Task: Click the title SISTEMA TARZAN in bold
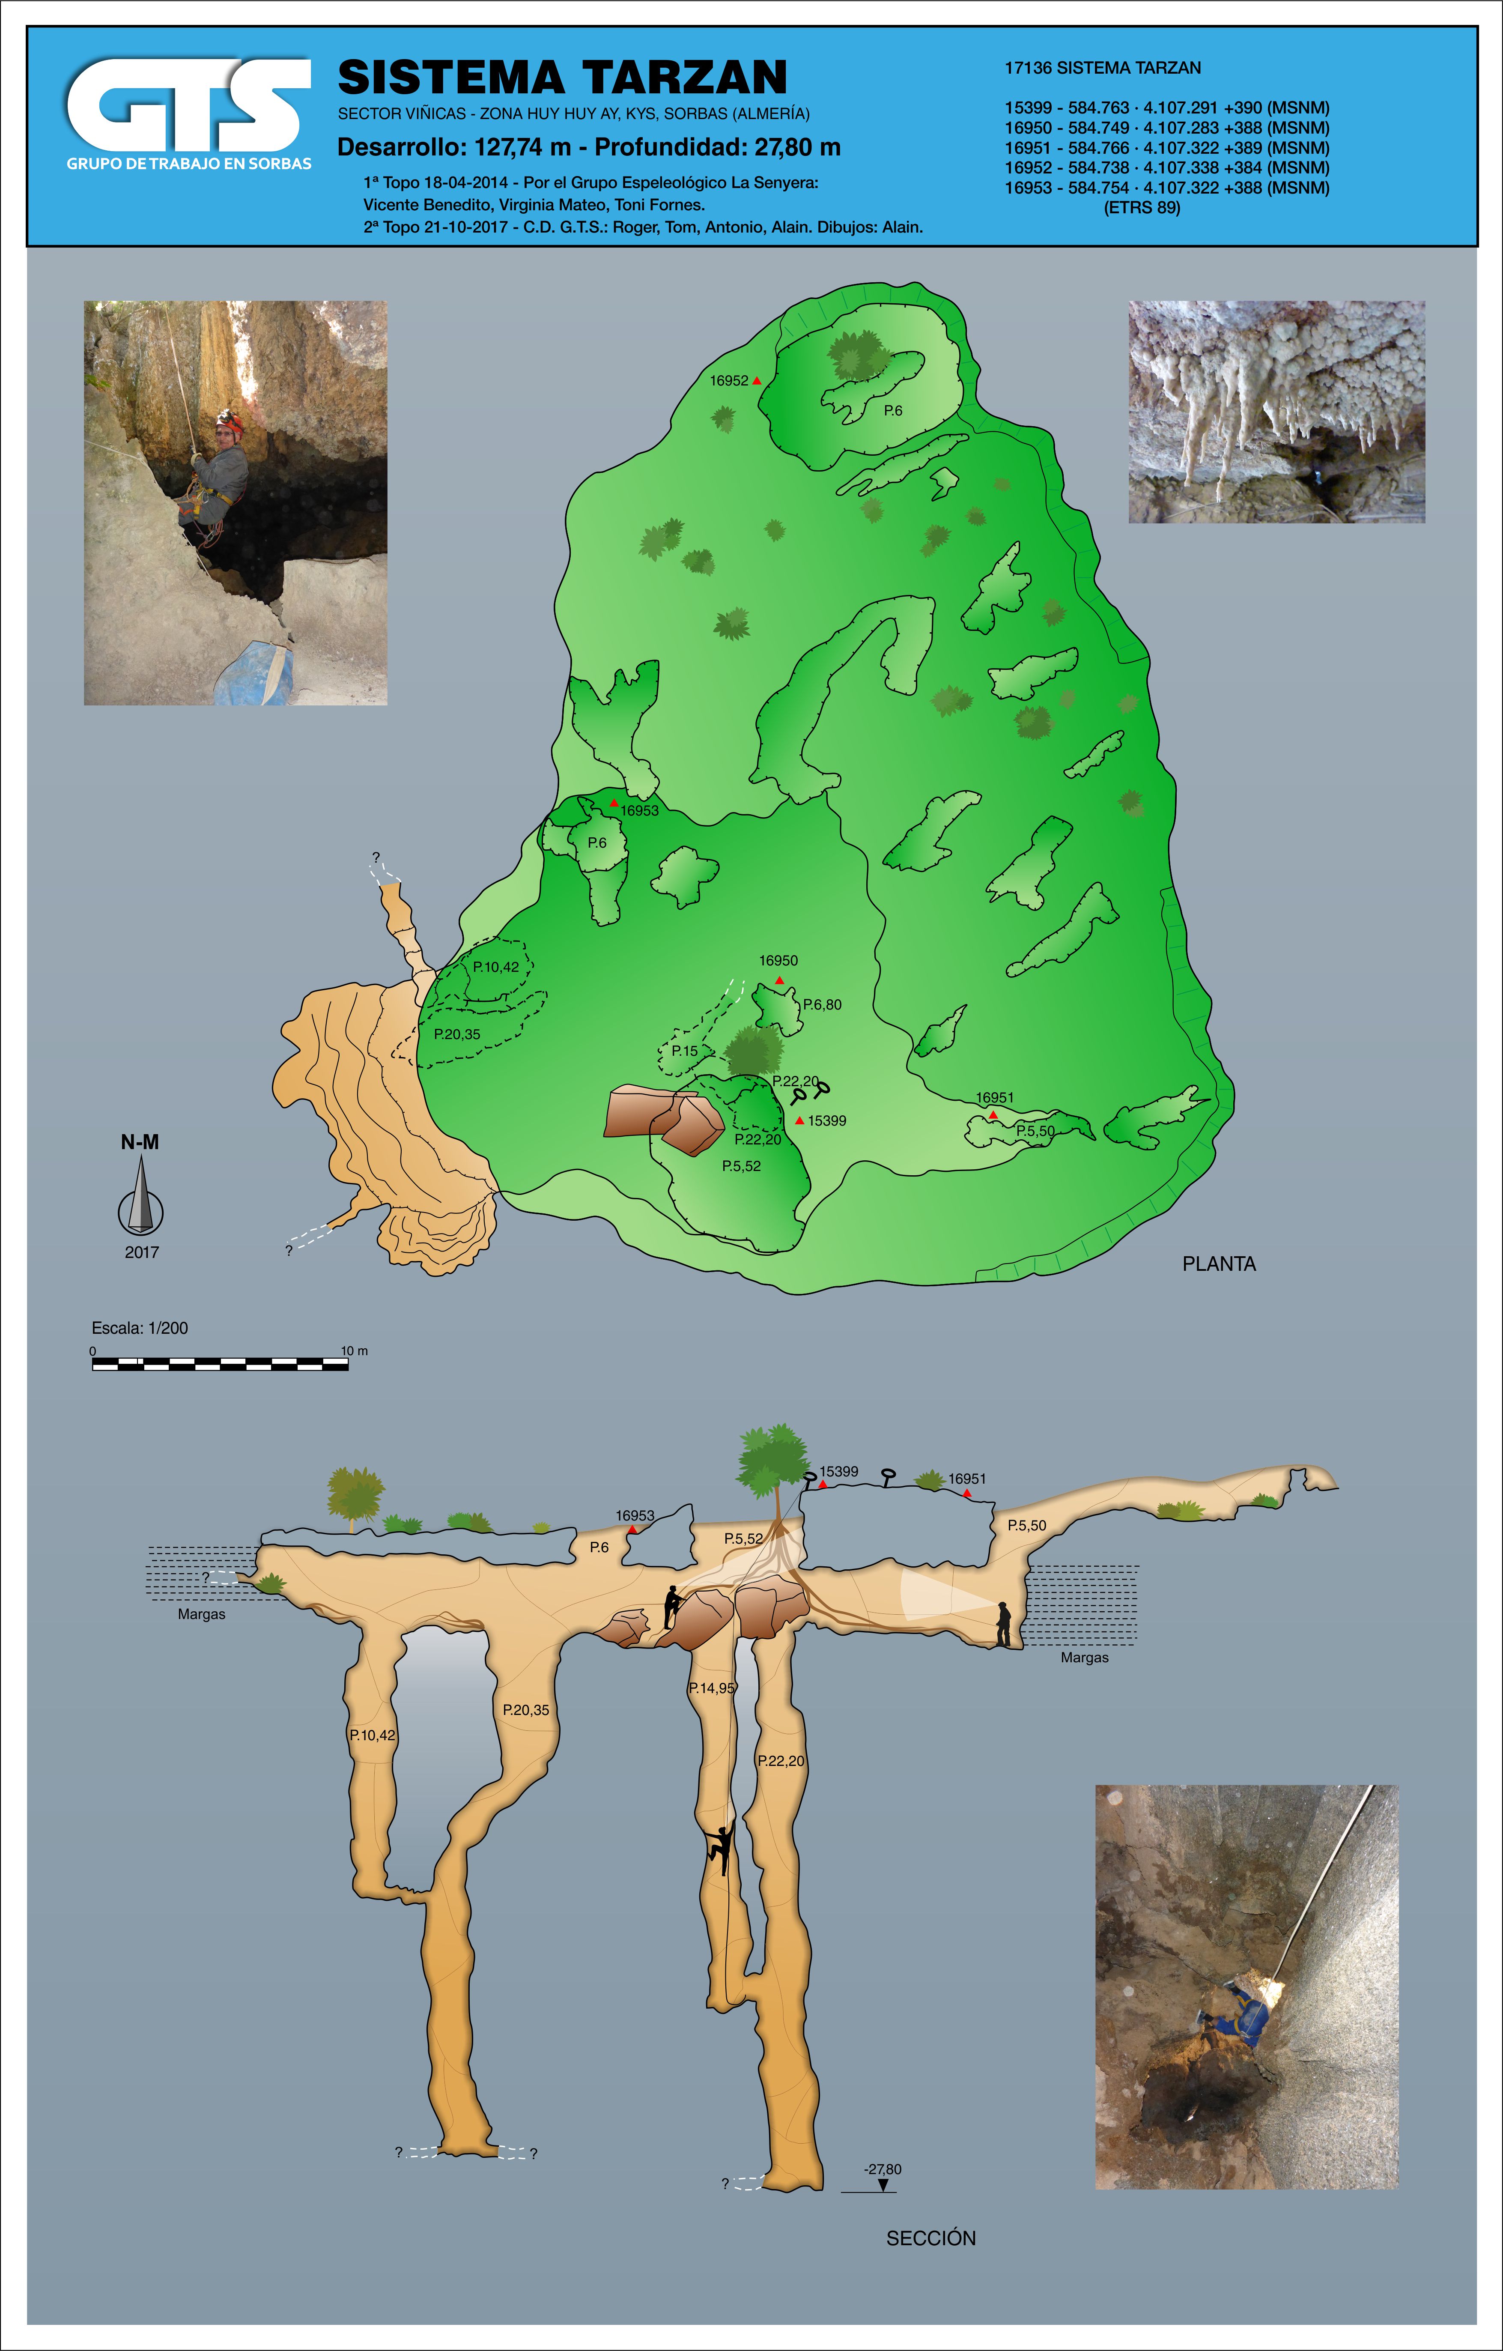(x=562, y=77)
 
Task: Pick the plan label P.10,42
(x=496, y=967)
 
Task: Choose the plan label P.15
(x=684, y=1051)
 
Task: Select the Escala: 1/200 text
(x=140, y=1328)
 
